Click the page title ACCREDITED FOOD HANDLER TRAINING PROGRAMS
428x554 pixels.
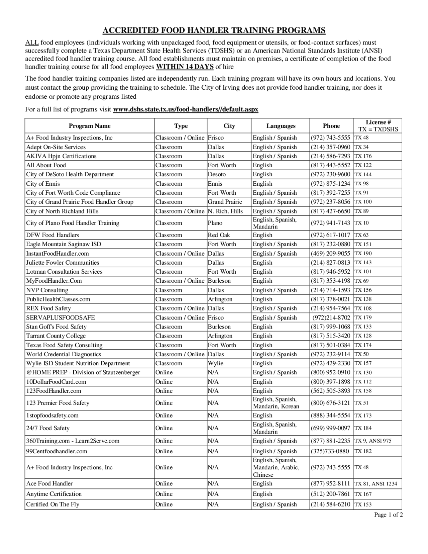pyautogui.click(x=214, y=30)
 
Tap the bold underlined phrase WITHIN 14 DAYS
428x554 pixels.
pyautogui.click(x=185, y=67)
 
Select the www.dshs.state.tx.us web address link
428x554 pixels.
pyautogui.click(x=186, y=109)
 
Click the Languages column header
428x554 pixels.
pyautogui.click(x=281, y=126)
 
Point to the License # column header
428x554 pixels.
pyautogui.click(x=378, y=125)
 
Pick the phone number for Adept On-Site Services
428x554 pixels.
pyautogui.click(x=330, y=147)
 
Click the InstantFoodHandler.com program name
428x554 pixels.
pyautogui.click(x=58, y=254)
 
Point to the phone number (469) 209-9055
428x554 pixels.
pyautogui.click(x=330, y=254)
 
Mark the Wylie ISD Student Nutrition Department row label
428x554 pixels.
pyautogui.click(x=78, y=363)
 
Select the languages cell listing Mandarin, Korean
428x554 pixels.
pyautogui.click(x=276, y=403)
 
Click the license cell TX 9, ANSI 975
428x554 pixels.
pyautogui.click(x=373, y=441)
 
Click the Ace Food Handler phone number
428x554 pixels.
pyautogui.click(x=330, y=483)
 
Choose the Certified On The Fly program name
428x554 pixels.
pyautogui.click(x=53, y=504)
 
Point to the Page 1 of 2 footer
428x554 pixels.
pyautogui.click(x=388, y=515)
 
